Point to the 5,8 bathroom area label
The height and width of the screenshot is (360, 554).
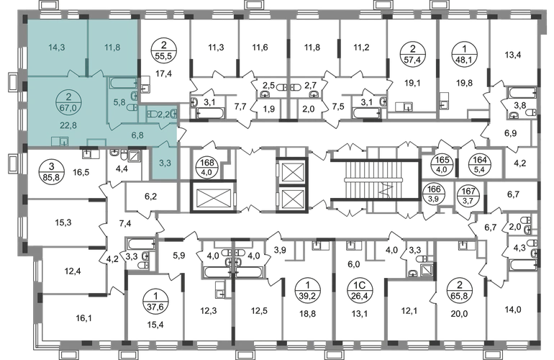(119, 102)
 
